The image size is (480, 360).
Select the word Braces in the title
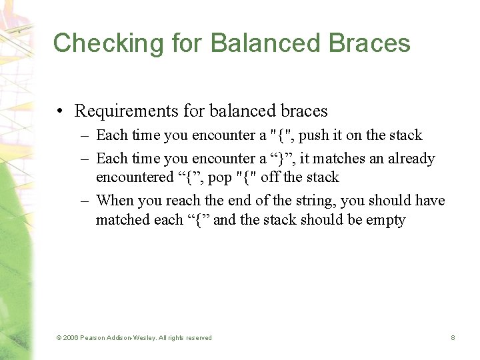(369, 43)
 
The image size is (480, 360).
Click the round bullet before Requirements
(61, 111)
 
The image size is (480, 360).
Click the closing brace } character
(279, 159)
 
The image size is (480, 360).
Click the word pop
(221, 177)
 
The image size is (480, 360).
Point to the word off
(271, 177)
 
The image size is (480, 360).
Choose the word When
(115, 201)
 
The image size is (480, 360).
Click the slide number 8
(453, 338)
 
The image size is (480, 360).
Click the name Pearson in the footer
(95, 338)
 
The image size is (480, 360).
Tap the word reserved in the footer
(197, 338)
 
